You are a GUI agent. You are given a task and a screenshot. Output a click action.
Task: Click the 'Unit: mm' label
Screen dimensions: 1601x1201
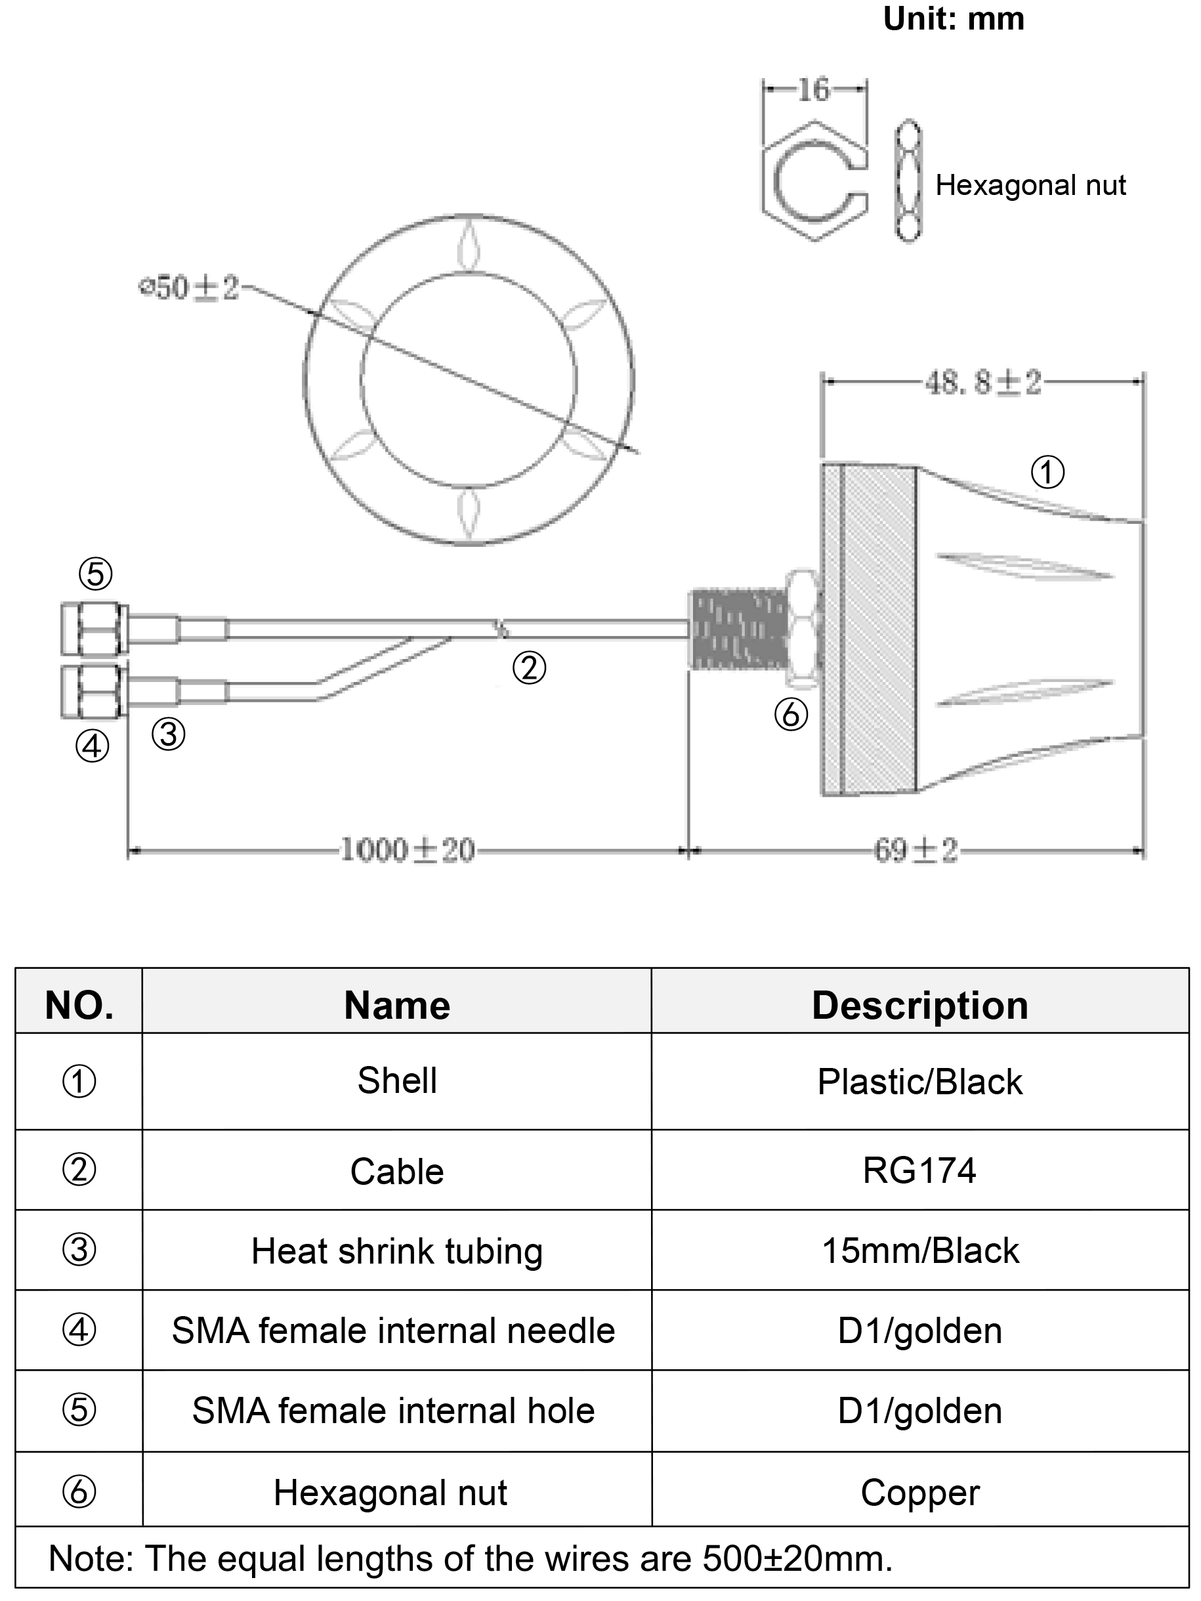pyautogui.click(x=953, y=20)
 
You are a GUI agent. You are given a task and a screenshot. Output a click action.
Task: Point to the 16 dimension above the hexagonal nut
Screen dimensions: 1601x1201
pyautogui.click(x=814, y=90)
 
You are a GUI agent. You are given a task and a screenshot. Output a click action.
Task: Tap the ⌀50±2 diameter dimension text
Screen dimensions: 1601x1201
pyautogui.click(x=189, y=288)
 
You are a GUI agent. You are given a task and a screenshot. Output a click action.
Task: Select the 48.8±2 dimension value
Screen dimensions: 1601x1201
pyautogui.click(x=983, y=382)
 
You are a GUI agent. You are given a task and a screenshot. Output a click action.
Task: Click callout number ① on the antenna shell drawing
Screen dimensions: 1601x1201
pyautogui.click(x=1047, y=473)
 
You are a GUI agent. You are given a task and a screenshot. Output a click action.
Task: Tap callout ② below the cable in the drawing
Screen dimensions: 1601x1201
pyautogui.click(x=529, y=668)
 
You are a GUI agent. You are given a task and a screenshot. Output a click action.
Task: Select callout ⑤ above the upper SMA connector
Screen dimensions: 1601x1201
pyautogui.click(x=96, y=574)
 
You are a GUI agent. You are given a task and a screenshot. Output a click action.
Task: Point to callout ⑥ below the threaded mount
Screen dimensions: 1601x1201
pyautogui.click(x=791, y=715)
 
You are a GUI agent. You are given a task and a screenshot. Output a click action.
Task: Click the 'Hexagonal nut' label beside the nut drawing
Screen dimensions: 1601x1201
pyautogui.click(x=1030, y=185)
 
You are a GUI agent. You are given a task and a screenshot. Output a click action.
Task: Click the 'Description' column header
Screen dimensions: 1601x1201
pyautogui.click(x=919, y=1006)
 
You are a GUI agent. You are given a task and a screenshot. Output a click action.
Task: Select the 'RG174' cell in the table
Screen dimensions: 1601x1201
pyautogui.click(x=919, y=1170)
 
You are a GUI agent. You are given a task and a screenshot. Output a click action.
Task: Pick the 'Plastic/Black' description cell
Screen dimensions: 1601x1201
pyautogui.click(x=919, y=1082)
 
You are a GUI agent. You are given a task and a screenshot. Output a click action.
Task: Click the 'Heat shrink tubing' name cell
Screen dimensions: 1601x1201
pyautogui.click(x=396, y=1250)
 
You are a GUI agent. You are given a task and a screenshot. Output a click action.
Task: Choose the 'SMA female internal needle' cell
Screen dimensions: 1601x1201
pyautogui.click(x=394, y=1331)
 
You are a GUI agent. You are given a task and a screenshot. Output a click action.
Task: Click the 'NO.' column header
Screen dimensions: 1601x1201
pyautogui.click(x=79, y=1006)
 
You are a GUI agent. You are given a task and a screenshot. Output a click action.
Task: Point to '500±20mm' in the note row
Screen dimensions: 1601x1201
pyautogui.click(x=797, y=1558)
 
